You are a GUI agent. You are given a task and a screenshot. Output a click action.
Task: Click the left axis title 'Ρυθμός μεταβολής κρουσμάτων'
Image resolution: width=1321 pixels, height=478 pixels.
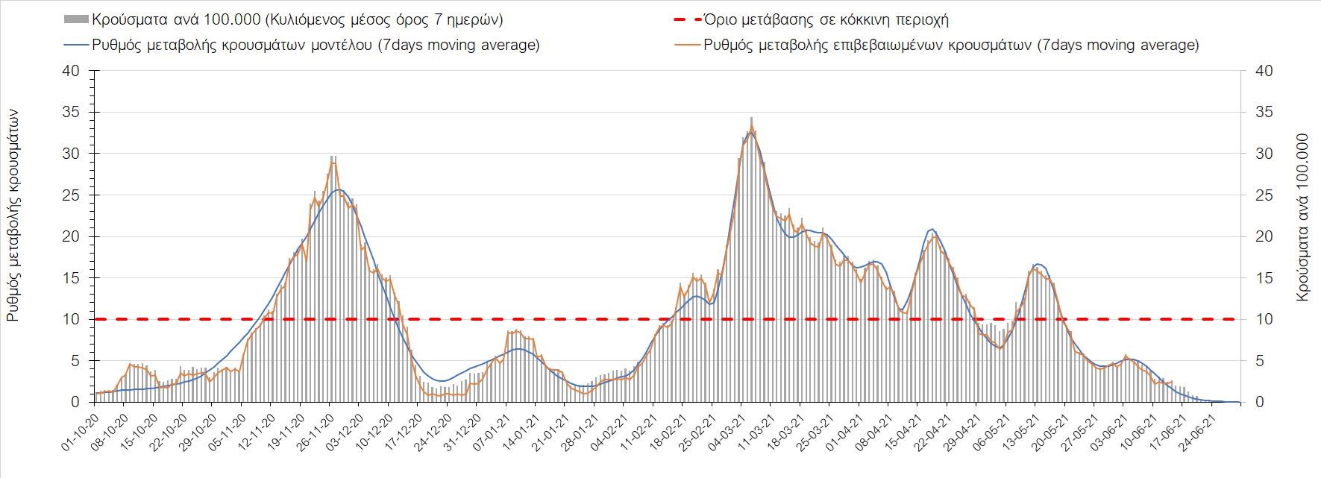pos(13,215)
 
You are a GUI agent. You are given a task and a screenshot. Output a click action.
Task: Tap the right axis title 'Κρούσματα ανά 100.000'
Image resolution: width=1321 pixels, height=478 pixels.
pos(1303,218)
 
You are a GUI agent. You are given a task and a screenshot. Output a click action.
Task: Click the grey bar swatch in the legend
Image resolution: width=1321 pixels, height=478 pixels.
pos(76,20)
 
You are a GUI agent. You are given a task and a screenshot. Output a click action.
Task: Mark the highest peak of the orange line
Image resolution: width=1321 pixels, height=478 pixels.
pos(752,127)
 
